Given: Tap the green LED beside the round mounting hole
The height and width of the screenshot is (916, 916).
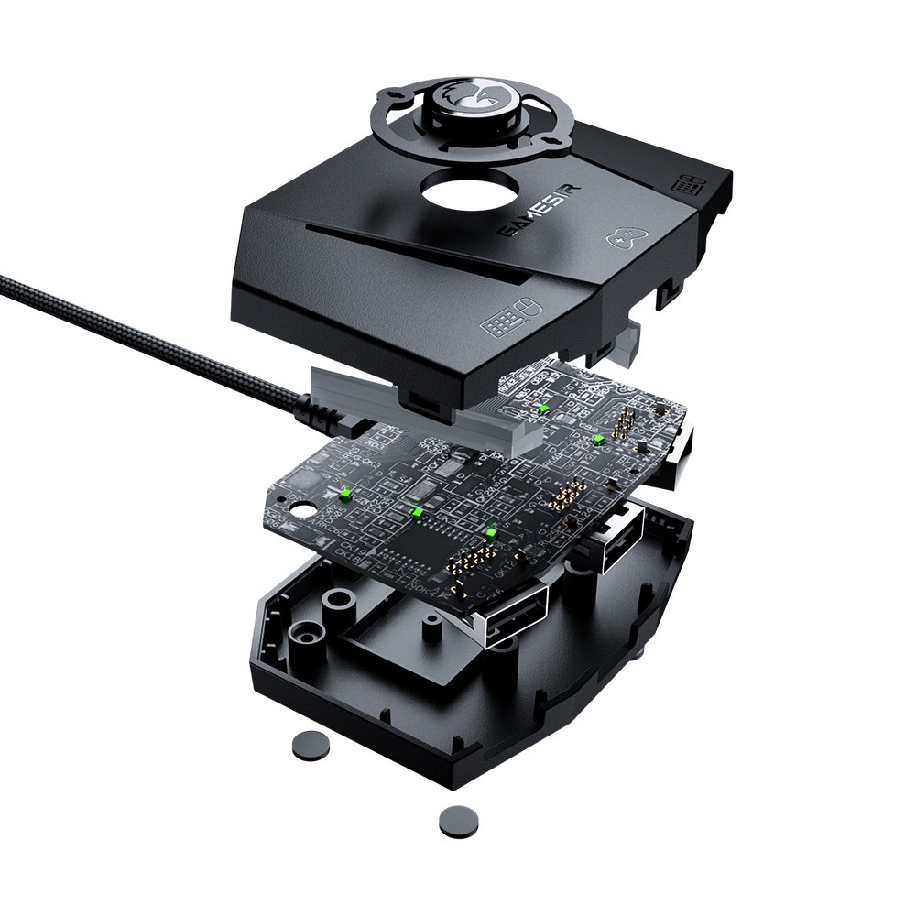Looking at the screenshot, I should [346, 495].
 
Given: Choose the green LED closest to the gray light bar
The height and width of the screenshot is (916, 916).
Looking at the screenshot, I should [542, 409].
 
